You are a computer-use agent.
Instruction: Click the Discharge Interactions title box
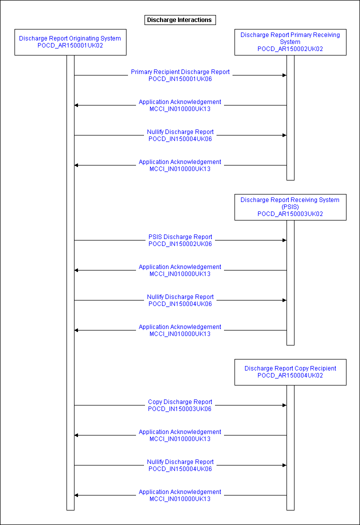tap(180, 20)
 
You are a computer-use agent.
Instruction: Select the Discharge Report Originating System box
tap(70, 42)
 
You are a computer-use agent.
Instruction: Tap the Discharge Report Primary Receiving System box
tap(290, 42)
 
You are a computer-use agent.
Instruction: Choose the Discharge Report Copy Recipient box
tap(290, 372)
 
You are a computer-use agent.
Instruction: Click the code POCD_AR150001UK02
tap(70, 45)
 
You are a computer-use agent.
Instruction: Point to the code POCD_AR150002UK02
tap(290, 49)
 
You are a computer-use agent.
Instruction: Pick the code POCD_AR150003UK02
tap(290, 214)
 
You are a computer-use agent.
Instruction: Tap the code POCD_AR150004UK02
tap(290, 375)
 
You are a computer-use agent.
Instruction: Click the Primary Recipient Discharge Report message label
tap(180, 72)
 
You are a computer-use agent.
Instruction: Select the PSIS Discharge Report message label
tap(180, 237)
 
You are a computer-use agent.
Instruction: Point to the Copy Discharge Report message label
tap(180, 402)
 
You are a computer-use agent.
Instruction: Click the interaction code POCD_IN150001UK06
tap(180, 79)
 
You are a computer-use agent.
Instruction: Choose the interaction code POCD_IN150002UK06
tap(180, 244)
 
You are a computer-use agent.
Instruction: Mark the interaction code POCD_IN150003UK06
tap(180, 409)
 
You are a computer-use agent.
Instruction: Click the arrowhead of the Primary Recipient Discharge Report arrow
tap(284, 75)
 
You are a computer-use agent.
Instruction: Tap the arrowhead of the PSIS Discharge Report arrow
tap(284, 240)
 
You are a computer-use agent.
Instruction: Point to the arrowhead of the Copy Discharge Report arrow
tap(284, 405)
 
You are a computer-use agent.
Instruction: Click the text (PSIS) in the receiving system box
tap(290, 207)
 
